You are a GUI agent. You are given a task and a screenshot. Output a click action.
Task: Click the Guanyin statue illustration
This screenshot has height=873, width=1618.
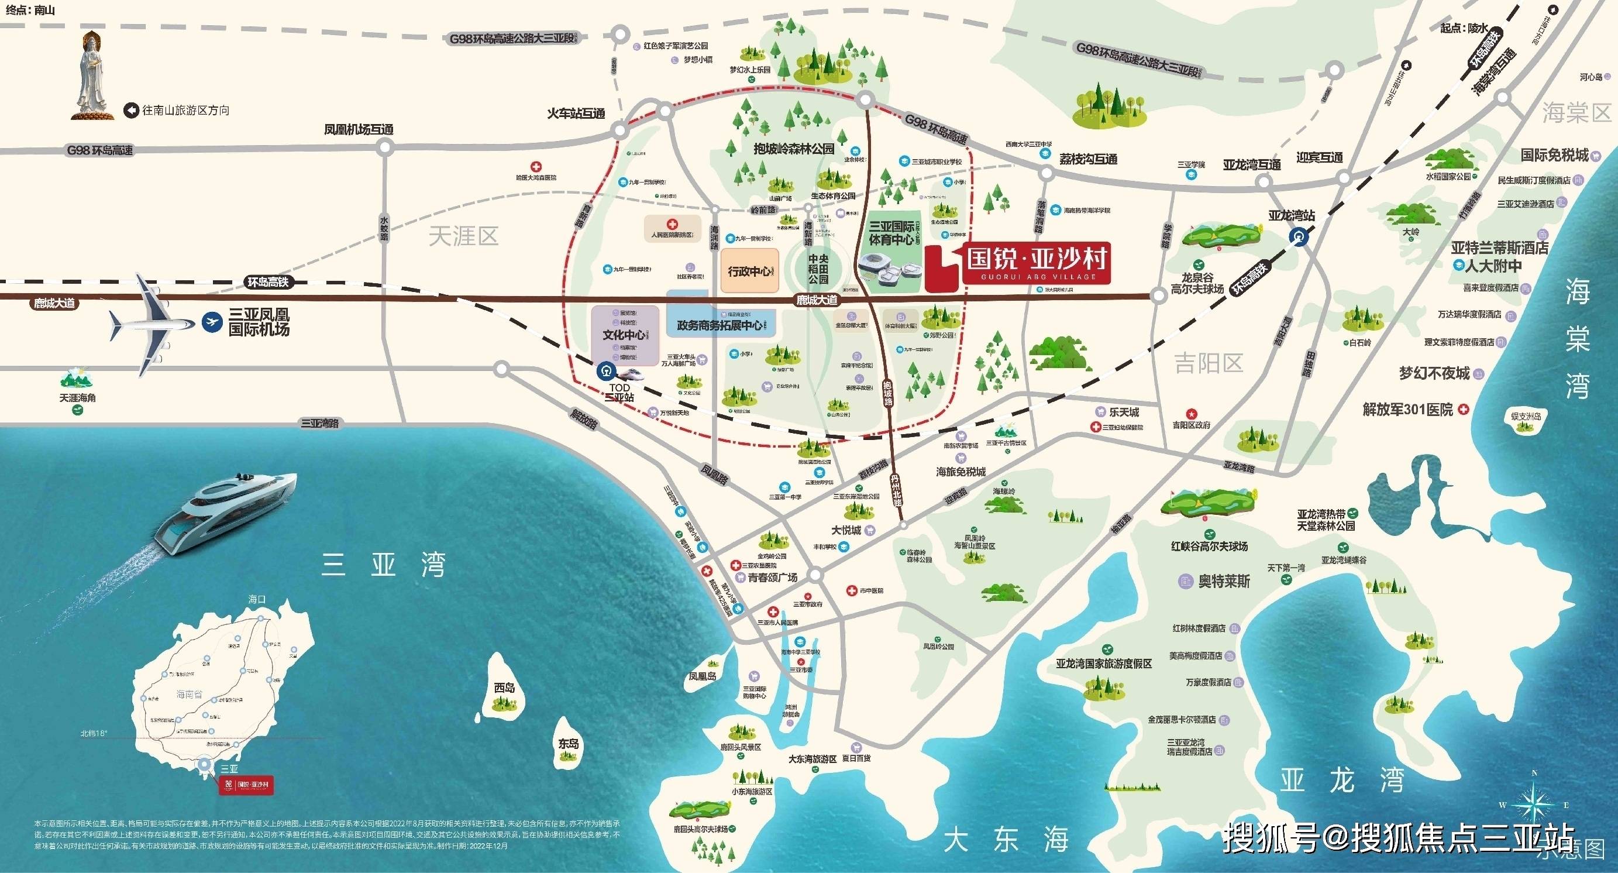click(94, 75)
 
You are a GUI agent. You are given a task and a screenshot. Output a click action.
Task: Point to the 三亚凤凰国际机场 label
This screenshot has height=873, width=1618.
click(258, 322)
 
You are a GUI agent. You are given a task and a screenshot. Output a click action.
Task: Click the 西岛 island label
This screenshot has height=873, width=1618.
click(504, 688)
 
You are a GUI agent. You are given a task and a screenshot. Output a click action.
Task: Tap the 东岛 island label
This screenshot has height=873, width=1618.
click(569, 744)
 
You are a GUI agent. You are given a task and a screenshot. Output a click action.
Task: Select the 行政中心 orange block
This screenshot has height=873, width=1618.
click(749, 271)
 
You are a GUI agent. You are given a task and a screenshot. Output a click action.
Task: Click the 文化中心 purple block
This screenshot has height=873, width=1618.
click(624, 335)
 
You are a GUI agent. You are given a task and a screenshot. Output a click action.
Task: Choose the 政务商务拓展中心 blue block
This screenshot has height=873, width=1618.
click(720, 325)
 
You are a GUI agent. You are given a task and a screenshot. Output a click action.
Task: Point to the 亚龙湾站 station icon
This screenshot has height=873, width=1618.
click(1299, 236)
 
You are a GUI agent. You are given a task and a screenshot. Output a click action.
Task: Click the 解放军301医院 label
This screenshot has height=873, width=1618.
click(1407, 410)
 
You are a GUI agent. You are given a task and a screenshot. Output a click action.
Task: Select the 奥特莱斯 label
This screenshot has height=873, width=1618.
click(1224, 581)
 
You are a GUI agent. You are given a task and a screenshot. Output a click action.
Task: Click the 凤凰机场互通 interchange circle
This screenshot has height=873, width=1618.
click(384, 148)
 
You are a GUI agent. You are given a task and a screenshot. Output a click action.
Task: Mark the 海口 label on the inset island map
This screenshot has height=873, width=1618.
click(257, 599)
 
